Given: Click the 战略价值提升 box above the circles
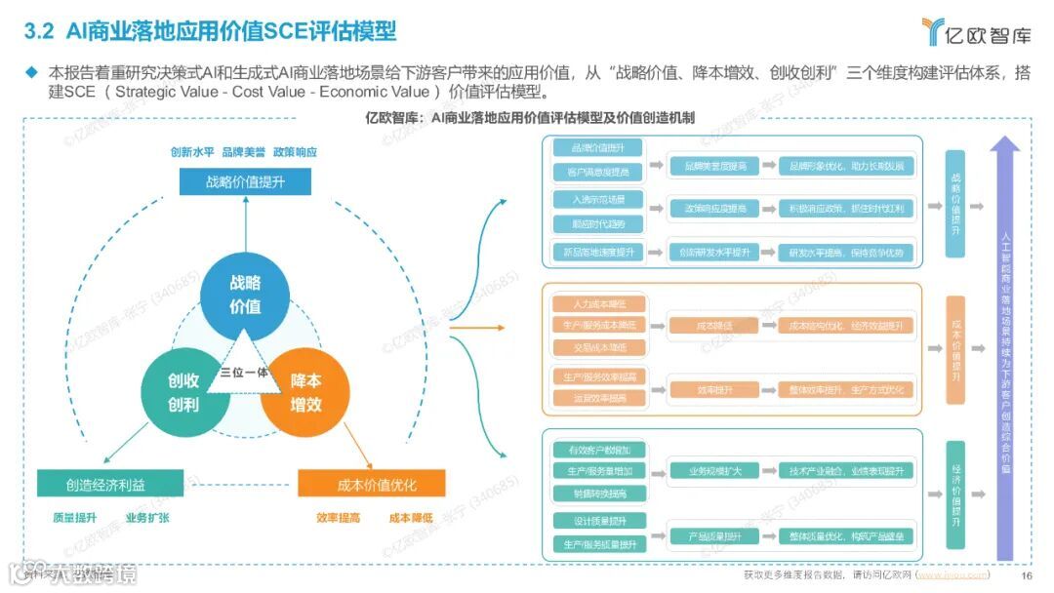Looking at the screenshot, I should tap(245, 181).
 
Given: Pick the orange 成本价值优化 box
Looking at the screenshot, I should tap(371, 483).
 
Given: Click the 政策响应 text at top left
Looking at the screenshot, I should tap(295, 153).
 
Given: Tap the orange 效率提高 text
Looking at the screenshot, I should tap(339, 518).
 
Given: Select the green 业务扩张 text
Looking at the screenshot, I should tap(147, 518).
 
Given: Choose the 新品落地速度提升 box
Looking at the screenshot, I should tap(598, 251).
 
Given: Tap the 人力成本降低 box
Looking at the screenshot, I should tap(598, 303).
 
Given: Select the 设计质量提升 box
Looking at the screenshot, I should tap(598, 520).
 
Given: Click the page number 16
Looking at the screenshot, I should tap(1026, 575).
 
